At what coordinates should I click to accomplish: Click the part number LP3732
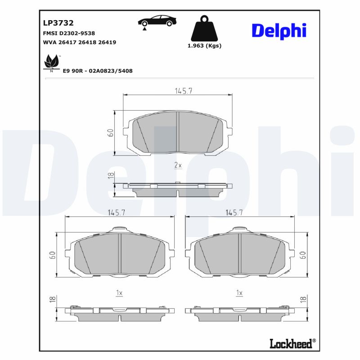[58, 23]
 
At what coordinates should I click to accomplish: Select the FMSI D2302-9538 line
[69, 33]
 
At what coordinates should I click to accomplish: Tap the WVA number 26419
[107, 42]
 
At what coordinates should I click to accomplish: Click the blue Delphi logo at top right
[279, 30]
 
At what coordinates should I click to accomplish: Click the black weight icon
[204, 29]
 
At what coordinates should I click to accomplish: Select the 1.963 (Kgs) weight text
[204, 45]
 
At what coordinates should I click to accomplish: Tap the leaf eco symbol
[51, 63]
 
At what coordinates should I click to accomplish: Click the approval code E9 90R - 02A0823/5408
[98, 71]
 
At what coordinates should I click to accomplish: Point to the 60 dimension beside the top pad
[110, 132]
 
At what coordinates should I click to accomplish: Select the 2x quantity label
[178, 165]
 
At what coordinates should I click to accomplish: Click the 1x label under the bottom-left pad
[119, 293]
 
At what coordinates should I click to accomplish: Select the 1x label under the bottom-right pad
[239, 293]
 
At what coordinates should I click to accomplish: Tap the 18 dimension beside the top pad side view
[110, 176]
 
